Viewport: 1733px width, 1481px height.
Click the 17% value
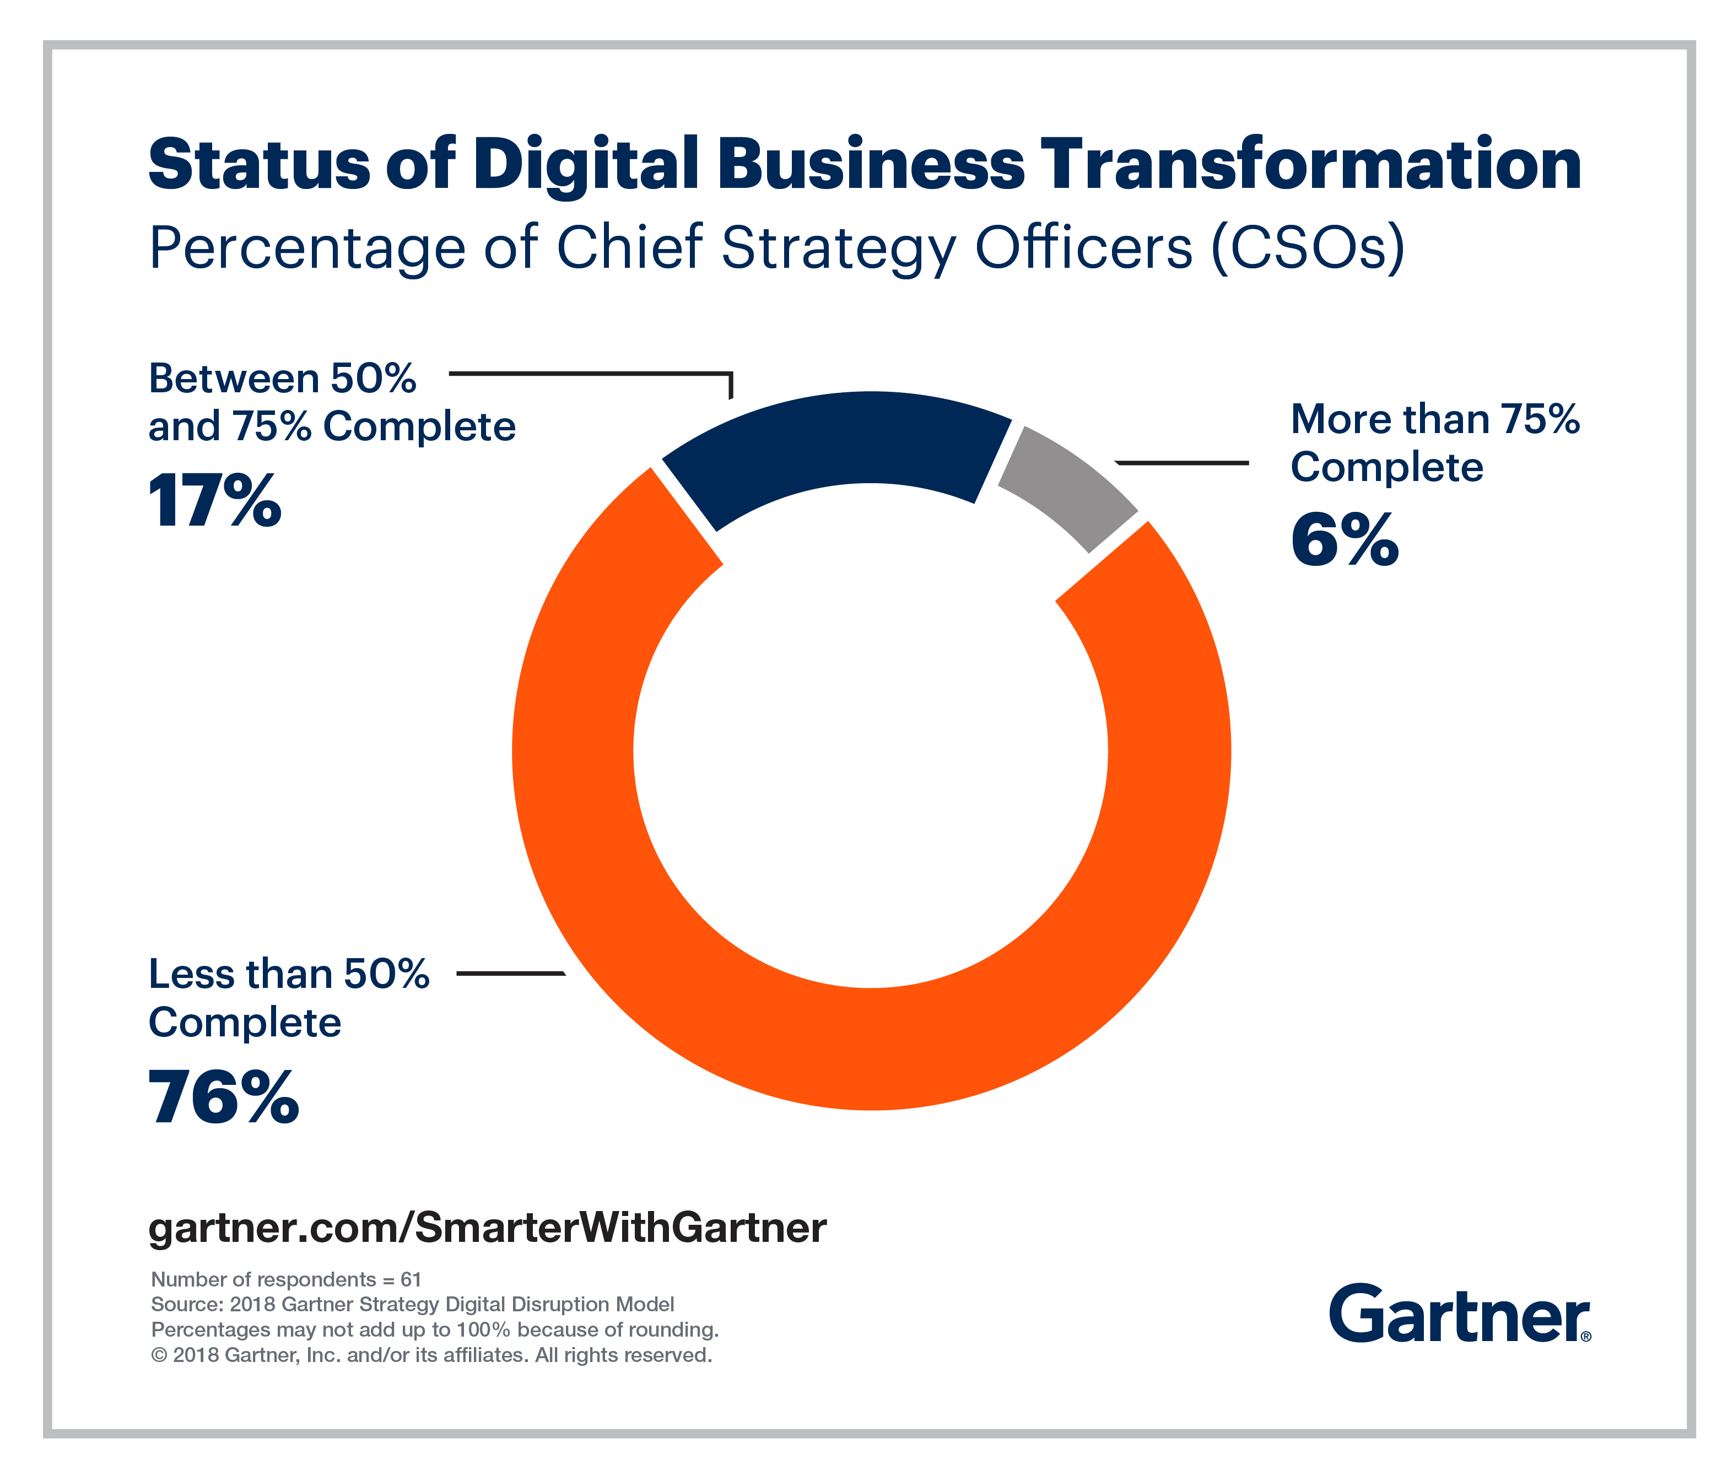[215, 502]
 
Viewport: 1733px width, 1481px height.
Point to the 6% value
[1344, 542]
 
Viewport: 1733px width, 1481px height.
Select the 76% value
[223, 1097]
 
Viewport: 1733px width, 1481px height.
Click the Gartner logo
[1460, 1315]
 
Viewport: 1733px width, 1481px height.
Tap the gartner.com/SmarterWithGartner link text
[488, 1228]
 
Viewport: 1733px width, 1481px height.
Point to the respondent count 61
[411, 1279]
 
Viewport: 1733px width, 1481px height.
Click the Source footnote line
[412, 1305]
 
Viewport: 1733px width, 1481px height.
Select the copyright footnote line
[431, 1355]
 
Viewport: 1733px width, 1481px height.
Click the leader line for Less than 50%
[510, 974]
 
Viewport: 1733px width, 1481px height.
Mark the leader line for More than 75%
[1182, 462]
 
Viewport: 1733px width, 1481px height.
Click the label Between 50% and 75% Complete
[332, 402]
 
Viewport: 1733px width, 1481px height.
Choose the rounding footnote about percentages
[435, 1329]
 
